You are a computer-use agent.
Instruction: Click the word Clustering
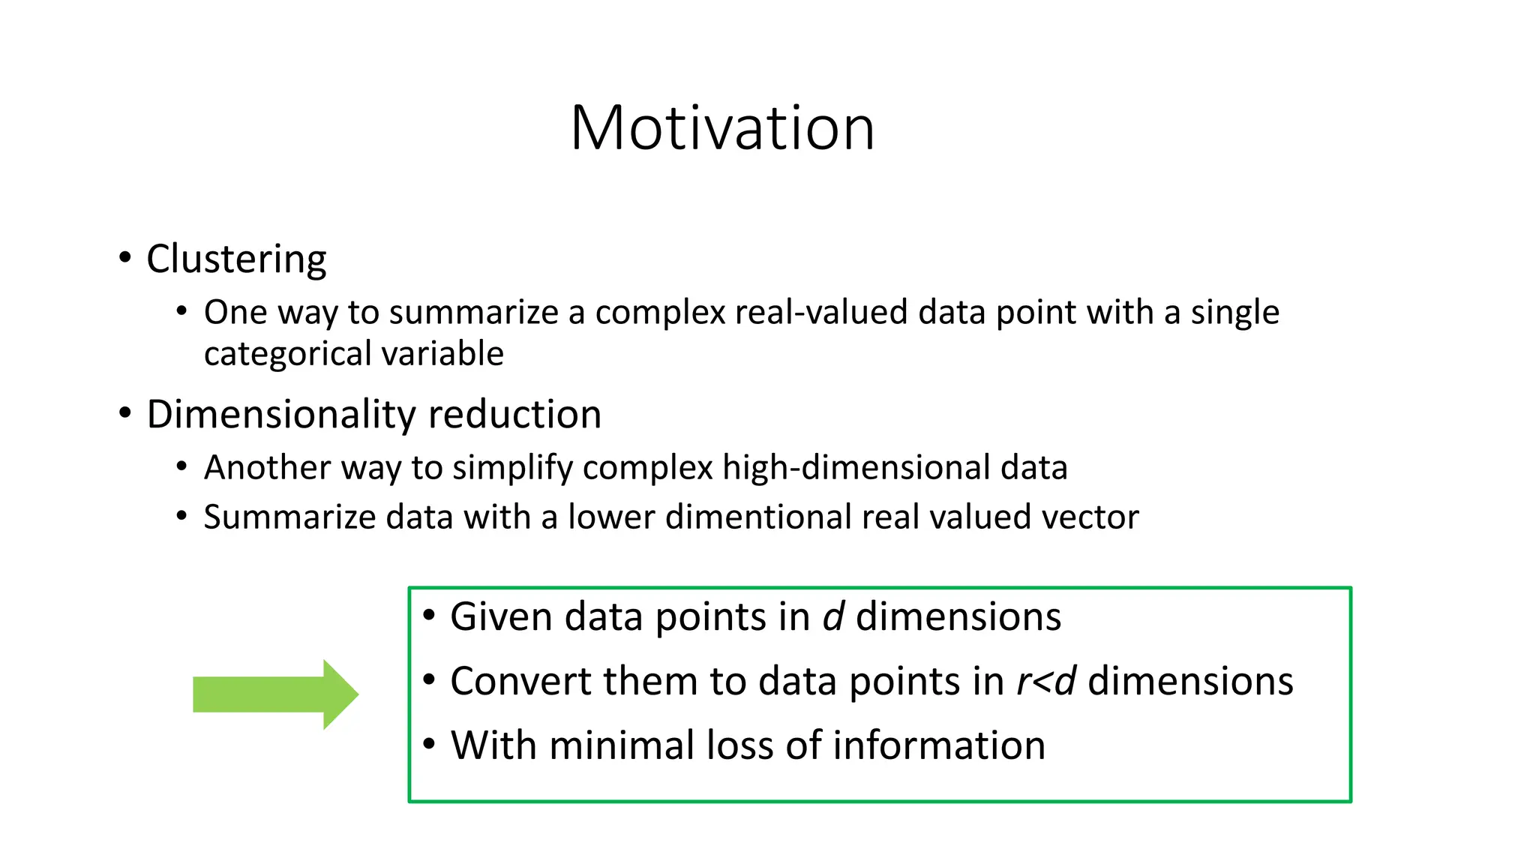[236, 259]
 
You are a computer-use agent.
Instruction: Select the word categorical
[287, 354]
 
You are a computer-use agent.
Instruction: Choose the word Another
[268, 467]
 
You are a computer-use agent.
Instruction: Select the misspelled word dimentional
[758, 517]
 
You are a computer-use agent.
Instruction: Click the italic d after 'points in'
[833, 616]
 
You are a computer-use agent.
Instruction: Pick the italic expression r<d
[1046, 681]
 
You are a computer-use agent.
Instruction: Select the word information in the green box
[938, 745]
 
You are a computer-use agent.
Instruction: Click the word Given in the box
[501, 616]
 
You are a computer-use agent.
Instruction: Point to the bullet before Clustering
[125, 258]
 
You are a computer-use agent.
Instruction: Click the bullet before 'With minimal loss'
[429, 744]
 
